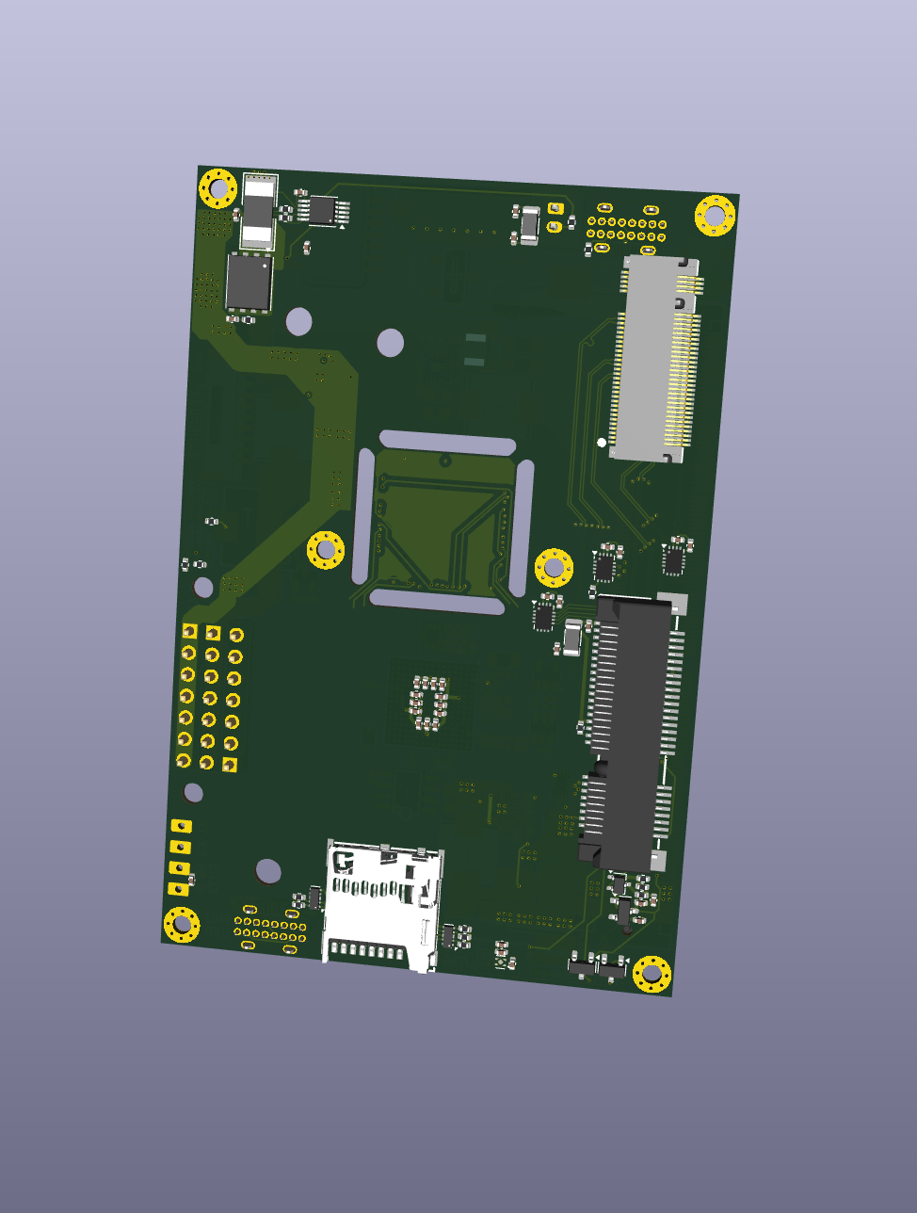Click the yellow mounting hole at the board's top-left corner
pyautogui.click(x=218, y=188)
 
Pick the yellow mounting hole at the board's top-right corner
pyautogui.click(x=715, y=216)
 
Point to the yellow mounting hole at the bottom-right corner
pyautogui.click(x=652, y=974)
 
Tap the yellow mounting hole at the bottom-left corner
pyautogui.click(x=182, y=924)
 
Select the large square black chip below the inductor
pyautogui.click(x=249, y=282)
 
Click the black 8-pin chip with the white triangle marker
pyautogui.click(x=323, y=208)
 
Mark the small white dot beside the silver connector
pyautogui.click(x=602, y=442)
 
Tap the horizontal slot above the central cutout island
pyautogui.click(x=447, y=443)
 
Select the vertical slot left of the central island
pyautogui.click(x=363, y=514)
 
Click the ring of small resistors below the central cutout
pyautogui.click(x=429, y=703)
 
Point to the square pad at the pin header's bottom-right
pyautogui.click(x=230, y=766)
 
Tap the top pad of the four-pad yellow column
pyautogui.click(x=181, y=826)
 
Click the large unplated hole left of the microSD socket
pyautogui.click(x=268, y=870)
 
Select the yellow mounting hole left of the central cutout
pyautogui.click(x=326, y=549)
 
